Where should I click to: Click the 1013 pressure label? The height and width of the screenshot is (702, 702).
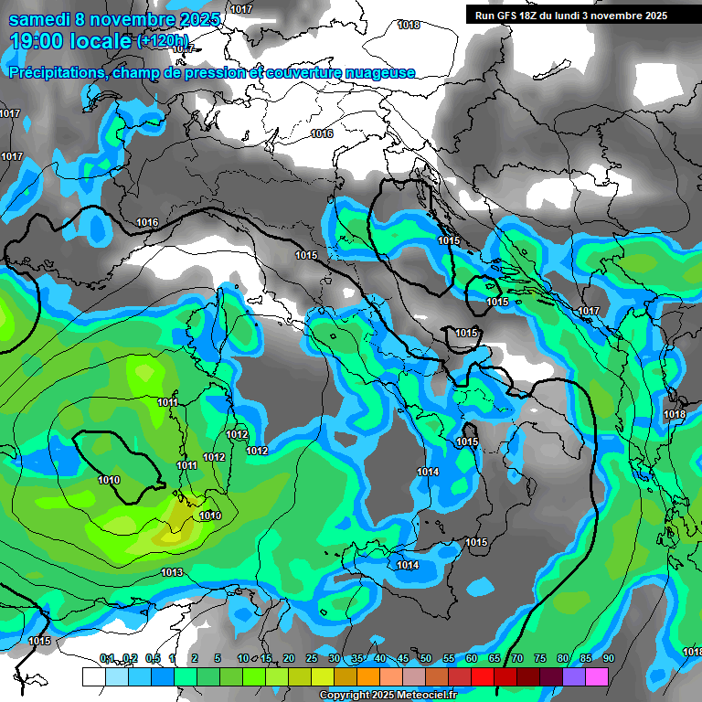(x=172, y=573)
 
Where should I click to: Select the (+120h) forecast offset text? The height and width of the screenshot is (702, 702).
(x=163, y=41)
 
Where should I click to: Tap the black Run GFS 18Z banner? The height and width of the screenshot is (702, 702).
(x=571, y=16)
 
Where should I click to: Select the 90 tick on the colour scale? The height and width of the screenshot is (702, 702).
(x=609, y=659)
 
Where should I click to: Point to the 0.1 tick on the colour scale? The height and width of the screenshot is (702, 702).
(x=106, y=659)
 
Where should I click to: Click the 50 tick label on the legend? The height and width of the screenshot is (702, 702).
(x=426, y=659)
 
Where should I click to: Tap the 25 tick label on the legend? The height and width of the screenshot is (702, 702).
(x=312, y=659)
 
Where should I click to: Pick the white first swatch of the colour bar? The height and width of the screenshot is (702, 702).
(x=93, y=676)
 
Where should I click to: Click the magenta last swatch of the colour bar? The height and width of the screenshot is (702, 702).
(x=596, y=676)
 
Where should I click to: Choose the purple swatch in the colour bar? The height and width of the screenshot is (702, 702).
(x=573, y=676)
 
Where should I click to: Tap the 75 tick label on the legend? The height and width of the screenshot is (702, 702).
(x=540, y=659)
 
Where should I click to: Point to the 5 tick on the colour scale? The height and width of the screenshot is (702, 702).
(x=217, y=659)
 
